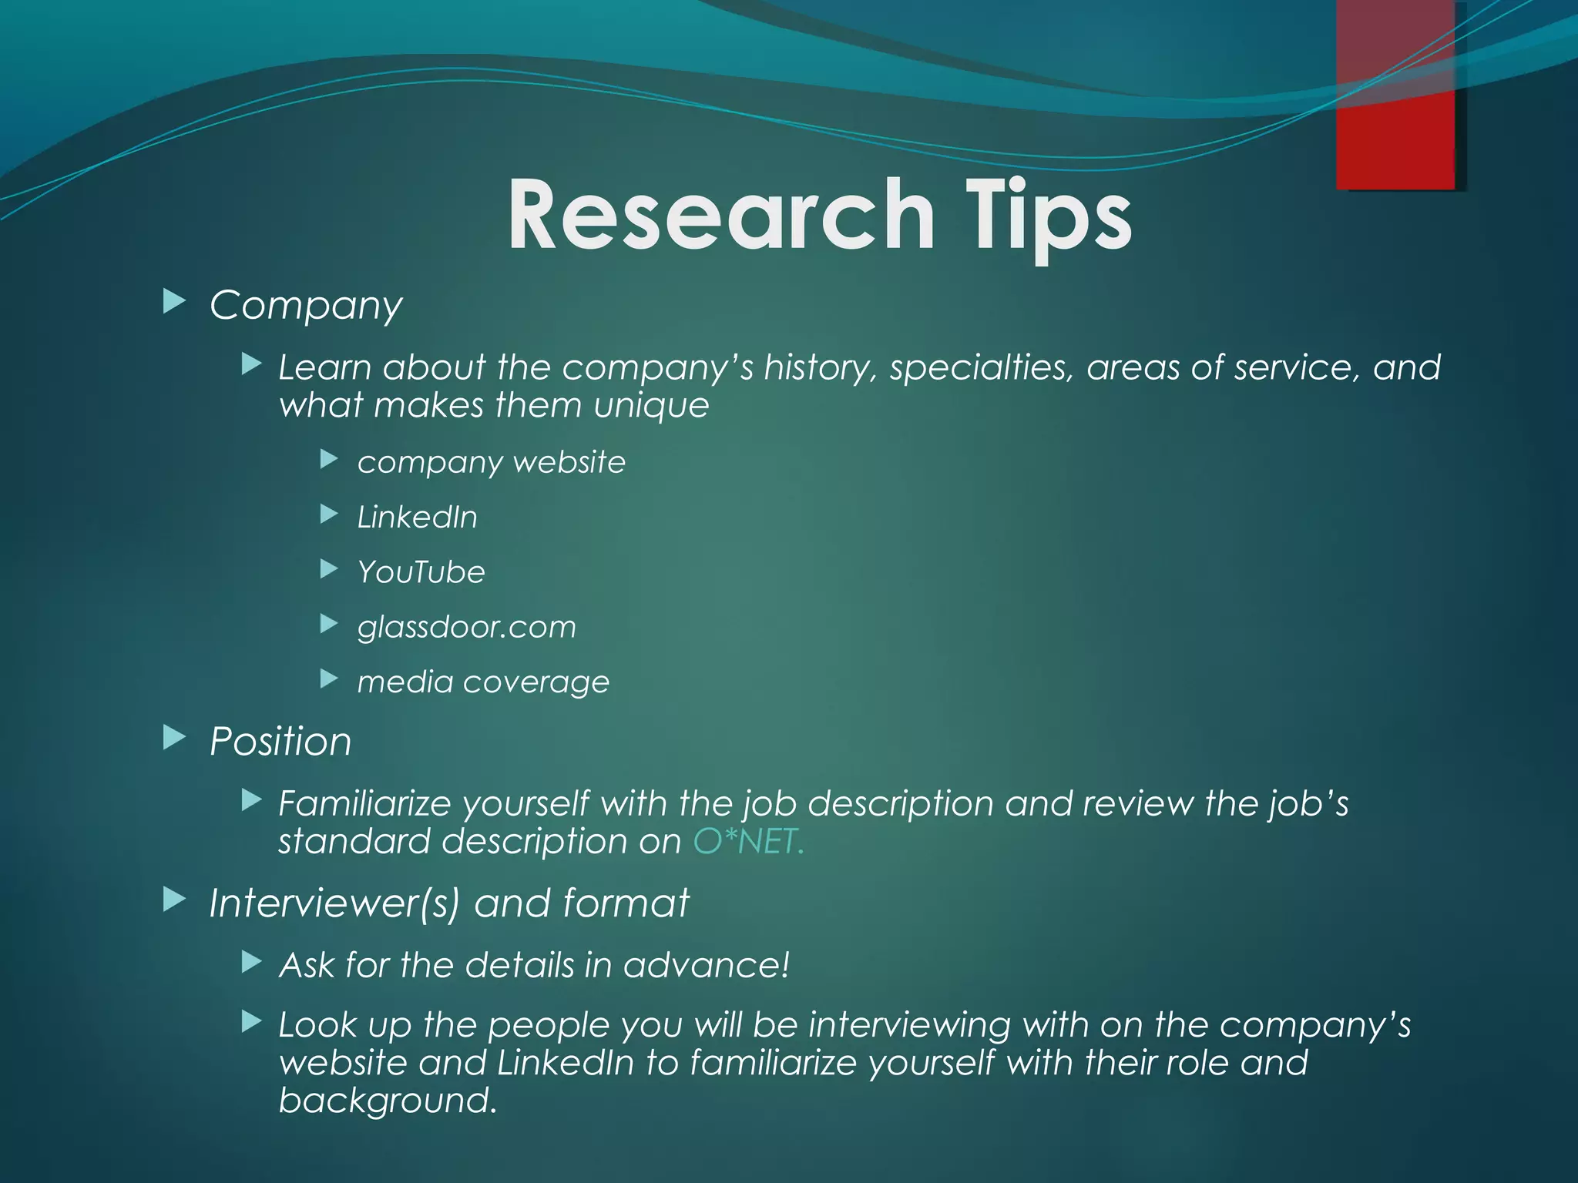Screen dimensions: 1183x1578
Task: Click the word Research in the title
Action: tap(720, 215)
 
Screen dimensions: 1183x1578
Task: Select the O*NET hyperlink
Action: tap(748, 841)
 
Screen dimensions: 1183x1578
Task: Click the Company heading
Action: tap(306, 306)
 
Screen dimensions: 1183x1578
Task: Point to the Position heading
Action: tap(280, 742)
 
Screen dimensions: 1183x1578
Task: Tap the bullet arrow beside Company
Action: tap(175, 302)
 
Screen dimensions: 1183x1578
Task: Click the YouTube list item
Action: tap(421, 572)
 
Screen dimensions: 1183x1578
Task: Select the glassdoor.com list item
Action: tap(466, 627)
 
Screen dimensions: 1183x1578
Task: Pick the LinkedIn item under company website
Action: tap(417, 518)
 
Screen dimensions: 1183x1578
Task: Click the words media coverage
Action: tap(483, 682)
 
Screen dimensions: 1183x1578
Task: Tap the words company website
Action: tap(491, 462)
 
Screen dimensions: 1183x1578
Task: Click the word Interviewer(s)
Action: tap(334, 903)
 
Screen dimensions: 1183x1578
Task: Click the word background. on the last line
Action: tap(388, 1101)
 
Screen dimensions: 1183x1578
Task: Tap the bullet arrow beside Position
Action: tap(175, 738)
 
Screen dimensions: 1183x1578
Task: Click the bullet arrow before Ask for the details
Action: tap(252, 962)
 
